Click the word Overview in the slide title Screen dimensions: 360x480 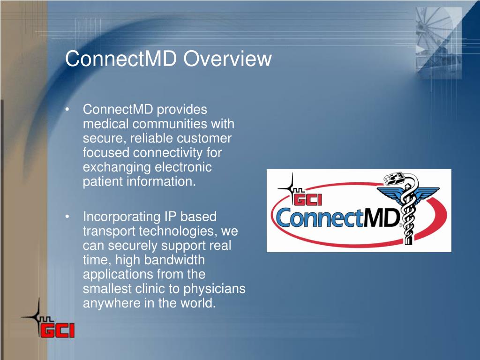click(x=228, y=59)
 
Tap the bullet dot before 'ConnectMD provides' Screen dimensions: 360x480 click(x=68, y=110)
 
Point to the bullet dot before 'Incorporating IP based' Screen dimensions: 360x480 click(x=68, y=217)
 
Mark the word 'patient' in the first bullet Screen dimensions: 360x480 click(x=103, y=182)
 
